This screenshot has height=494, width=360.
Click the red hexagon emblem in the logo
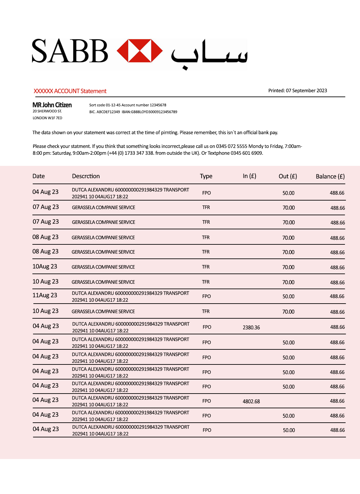pyautogui.click(x=140, y=51)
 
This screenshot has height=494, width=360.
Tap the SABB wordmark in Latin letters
pyautogui.click(x=70, y=51)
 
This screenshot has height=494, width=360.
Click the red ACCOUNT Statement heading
pyautogui.click(x=70, y=91)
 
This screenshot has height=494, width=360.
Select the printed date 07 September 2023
pyautogui.click(x=306, y=91)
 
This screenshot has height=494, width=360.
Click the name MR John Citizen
pyautogui.click(x=52, y=105)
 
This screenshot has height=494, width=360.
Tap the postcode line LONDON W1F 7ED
pyautogui.click(x=47, y=118)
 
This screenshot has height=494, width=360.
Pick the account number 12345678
pyautogui.click(x=158, y=105)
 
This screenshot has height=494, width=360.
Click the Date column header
pyautogui.click(x=39, y=176)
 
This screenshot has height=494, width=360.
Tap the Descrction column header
pyautogui.click(x=86, y=176)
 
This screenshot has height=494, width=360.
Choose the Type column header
pyautogui.click(x=206, y=176)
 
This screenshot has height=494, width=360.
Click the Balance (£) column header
pyautogui.click(x=330, y=176)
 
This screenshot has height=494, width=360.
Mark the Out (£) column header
pyautogui.click(x=288, y=176)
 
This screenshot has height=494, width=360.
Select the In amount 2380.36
pyautogui.click(x=251, y=327)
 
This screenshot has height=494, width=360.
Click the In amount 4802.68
pyautogui.click(x=251, y=401)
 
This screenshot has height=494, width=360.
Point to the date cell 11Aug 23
pyautogui.click(x=45, y=295)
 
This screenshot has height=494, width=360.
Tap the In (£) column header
pyautogui.click(x=249, y=176)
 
